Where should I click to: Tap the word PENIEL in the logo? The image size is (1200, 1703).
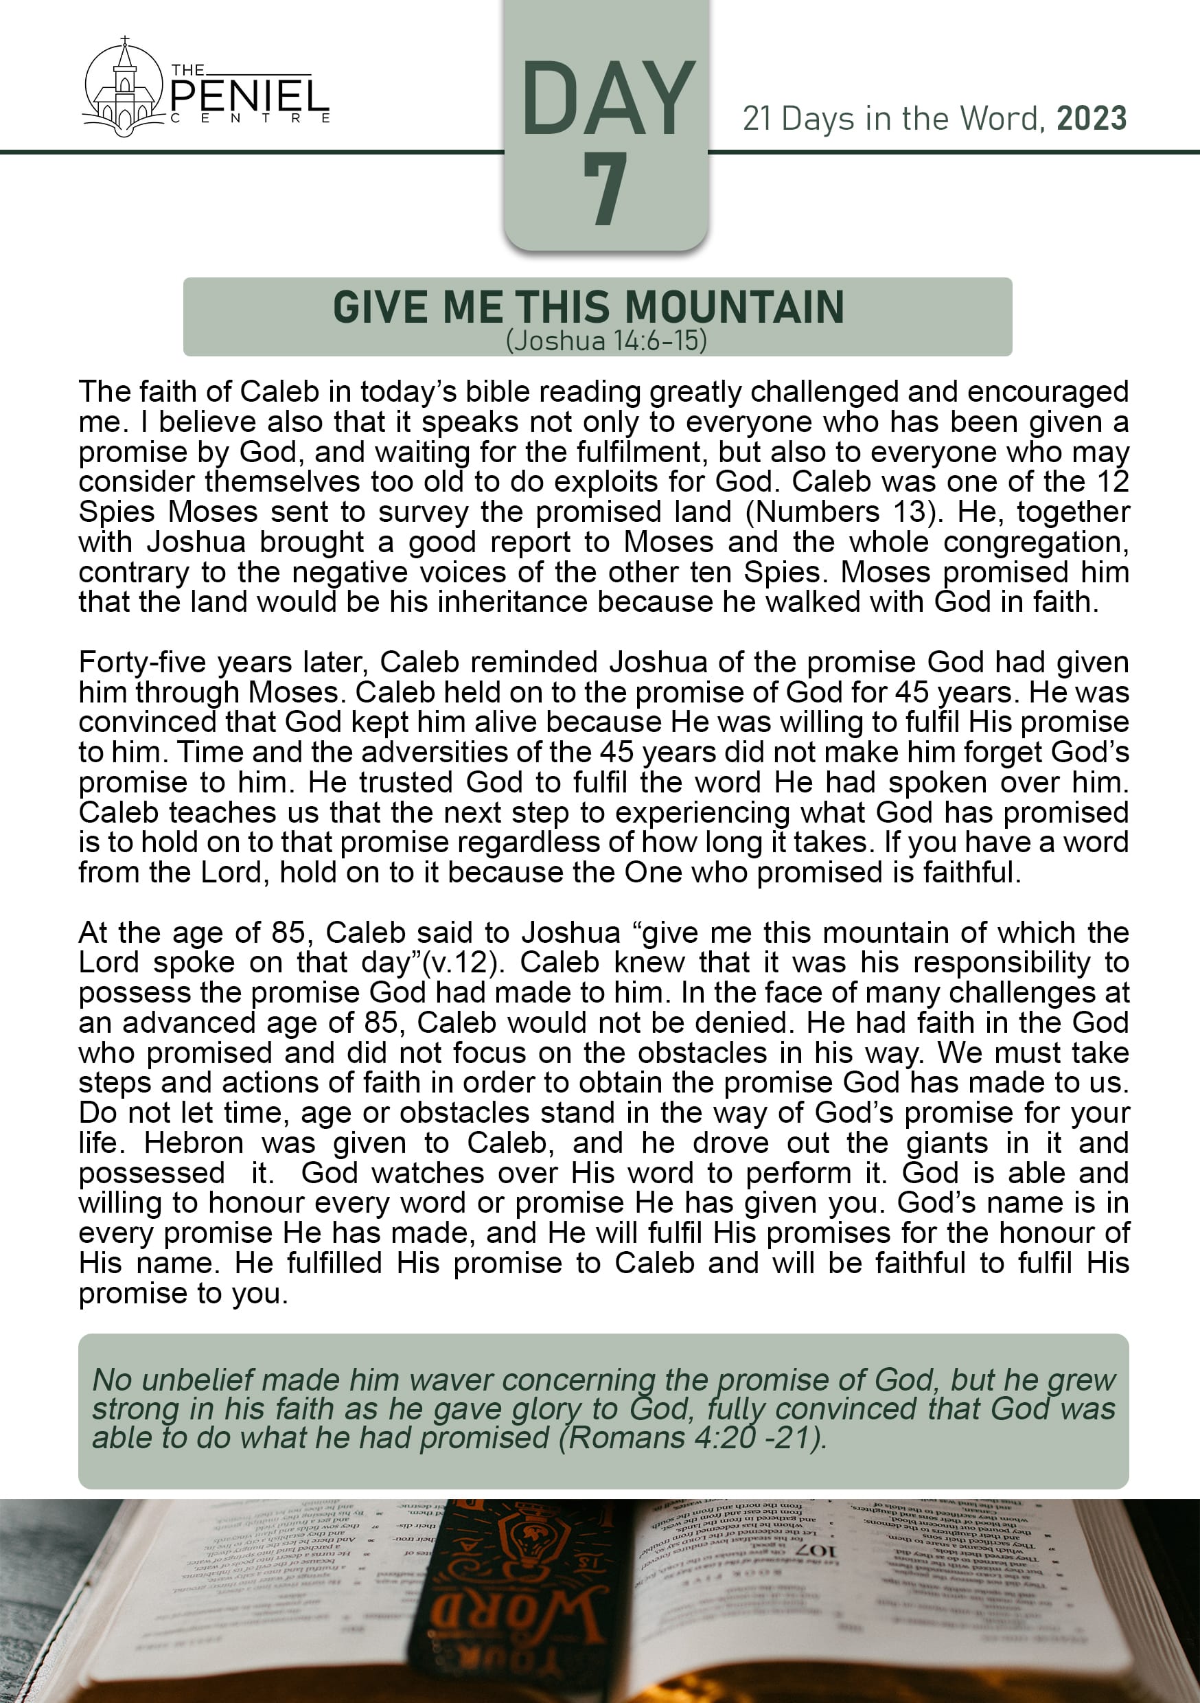[x=249, y=97]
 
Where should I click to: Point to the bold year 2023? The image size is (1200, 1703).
[x=1091, y=119]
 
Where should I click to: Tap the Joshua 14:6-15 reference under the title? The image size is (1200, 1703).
[x=606, y=341]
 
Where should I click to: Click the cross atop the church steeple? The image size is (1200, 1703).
[x=124, y=39]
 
